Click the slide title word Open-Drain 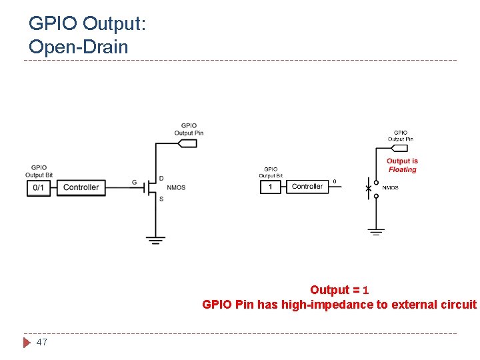pos(78,47)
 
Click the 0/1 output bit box pos(39,188)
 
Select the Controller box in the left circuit pos(81,188)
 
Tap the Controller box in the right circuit pos(307,187)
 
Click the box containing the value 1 pos(270,187)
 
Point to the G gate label pos(135,182)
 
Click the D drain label pos(161,178)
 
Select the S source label pos(161,198)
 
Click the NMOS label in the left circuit pos(176,188)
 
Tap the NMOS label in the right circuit pos(390,188)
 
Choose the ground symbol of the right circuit pos(376,231)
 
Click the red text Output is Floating pos(402,165)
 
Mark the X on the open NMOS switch pos(369,189)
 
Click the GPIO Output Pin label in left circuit pos(189,129)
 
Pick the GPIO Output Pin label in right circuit pos(400,136)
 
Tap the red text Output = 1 pos(339,290)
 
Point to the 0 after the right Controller pos(334,181)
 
